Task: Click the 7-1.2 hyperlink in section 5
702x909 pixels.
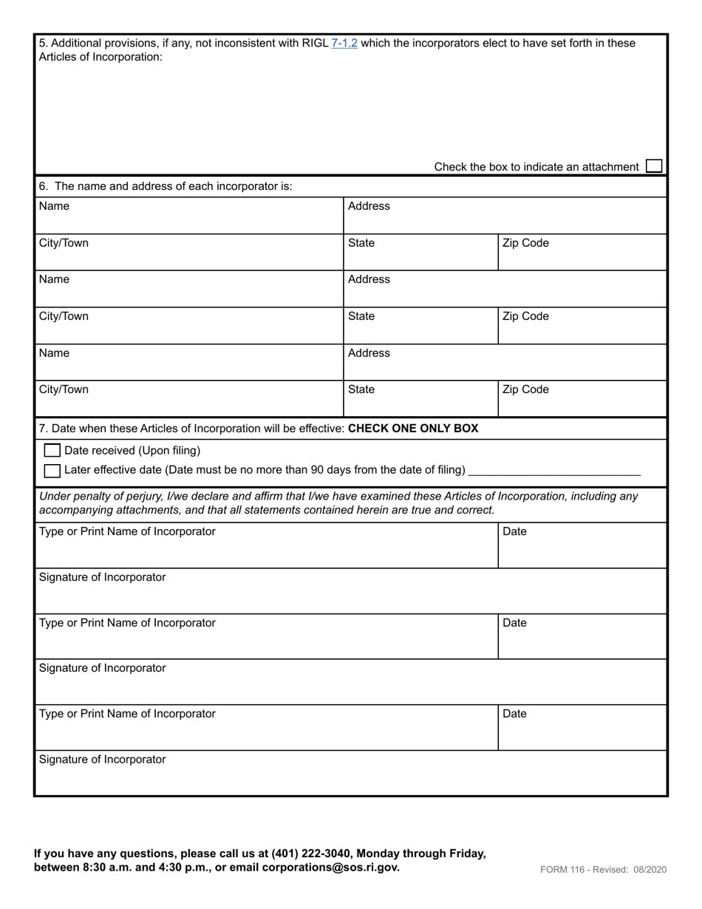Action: click(x=344, y=44)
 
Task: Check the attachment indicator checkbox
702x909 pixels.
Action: click(x=653, y=166)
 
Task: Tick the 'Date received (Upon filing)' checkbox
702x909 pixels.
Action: click(x=52, y=450)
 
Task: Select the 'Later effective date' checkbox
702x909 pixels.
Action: click(x=52, y=470)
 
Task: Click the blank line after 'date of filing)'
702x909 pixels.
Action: click(x=554, y=470)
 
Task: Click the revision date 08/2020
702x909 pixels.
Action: click(x=650, y=870)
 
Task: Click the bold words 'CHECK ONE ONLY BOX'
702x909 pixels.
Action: click(x=412, y=429)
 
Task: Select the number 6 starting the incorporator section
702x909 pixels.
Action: click(x=43, y=186)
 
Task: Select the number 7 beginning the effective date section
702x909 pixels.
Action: click(x=43, y=429)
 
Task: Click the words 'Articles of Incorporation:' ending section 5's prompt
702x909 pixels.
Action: click(x=100, y=57)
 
